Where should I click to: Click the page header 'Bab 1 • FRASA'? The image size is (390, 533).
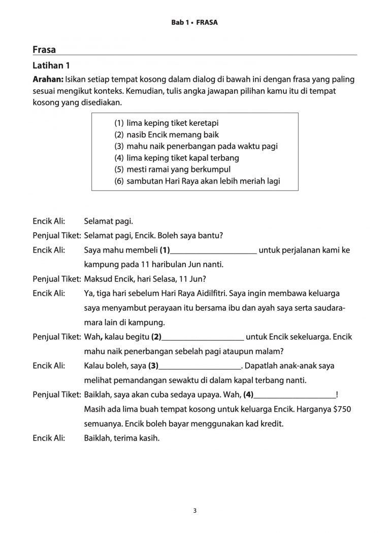pos(194,23)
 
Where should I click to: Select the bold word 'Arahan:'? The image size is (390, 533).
pos(48,80)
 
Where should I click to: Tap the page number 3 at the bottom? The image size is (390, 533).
pos(195,510)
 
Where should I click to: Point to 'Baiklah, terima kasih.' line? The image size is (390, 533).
pos(122,438)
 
